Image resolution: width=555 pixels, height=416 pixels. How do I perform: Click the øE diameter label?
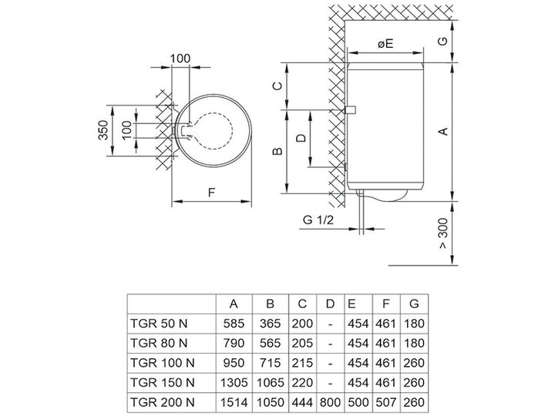[385, 44]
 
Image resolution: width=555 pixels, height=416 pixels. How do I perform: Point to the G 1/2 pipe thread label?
[318, 220]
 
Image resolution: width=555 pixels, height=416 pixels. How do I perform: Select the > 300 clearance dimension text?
[442, 233]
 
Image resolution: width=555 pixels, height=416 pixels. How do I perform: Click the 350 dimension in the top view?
[103, 130]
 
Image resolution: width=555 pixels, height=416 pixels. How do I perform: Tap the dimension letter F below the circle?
[211, 193]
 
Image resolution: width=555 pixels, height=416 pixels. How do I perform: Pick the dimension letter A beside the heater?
[443, 131]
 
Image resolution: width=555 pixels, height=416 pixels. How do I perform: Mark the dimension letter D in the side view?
[301, 138]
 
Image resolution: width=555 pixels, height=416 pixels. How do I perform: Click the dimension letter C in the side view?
[278, 86]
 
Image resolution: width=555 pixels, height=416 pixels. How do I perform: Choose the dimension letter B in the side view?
[278, 151]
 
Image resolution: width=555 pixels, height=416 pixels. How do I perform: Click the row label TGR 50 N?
[159, 324]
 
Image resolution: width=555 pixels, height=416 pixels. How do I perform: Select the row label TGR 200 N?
[163, 402]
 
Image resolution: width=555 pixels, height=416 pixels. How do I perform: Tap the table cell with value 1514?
[234, 402]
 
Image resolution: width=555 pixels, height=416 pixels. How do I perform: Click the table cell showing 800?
[330, 402]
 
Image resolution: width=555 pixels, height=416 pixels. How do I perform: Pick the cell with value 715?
[270, 363]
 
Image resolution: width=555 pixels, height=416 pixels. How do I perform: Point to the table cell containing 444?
[302, 402]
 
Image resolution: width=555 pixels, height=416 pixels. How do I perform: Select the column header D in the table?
[330, 304]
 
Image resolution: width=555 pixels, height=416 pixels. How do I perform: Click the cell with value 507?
[386, 402]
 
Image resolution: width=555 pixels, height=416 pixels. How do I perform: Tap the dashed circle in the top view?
[234, 130]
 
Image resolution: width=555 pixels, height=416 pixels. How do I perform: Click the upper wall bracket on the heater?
[351, 110]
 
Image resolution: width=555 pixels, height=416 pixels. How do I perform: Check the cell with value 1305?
[234, 382]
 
